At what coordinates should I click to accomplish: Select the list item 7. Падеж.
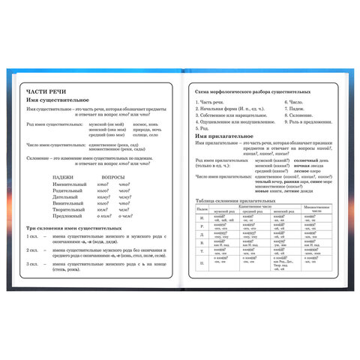coord(296,107)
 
